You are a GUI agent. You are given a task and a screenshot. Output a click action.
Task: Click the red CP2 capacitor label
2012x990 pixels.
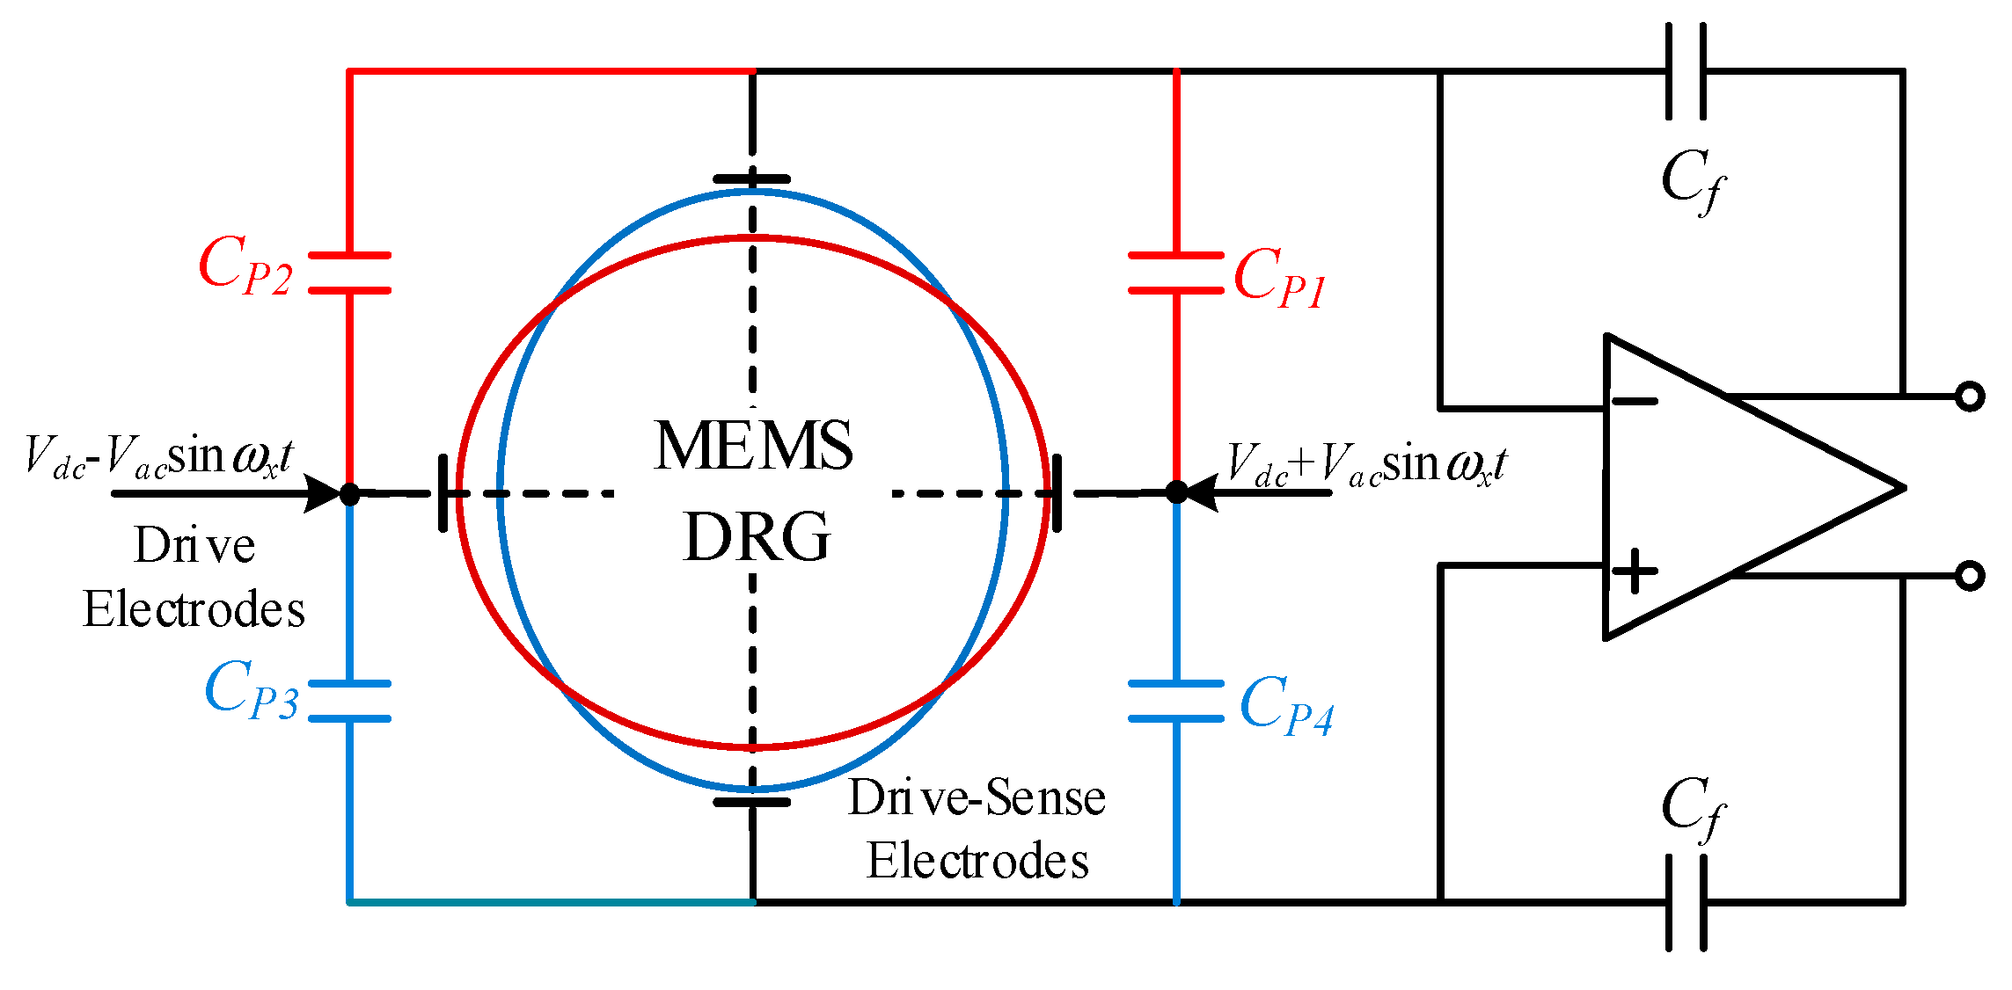[245, 266]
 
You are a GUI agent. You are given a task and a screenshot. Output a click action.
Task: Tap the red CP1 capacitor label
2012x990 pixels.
[1278, 278]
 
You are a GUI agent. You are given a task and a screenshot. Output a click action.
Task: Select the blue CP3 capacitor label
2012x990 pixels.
[252, 691]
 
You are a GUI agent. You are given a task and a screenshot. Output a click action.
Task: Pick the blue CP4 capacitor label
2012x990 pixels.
[1285, 705]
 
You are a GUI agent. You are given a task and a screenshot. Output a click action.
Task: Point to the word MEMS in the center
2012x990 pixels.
[753, 445]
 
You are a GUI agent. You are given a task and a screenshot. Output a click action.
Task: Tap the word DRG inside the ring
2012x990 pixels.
[757, 537]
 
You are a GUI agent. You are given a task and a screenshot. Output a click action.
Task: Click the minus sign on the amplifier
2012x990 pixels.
[1635, 402]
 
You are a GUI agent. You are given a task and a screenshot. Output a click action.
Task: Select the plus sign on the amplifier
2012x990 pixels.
[1635, 571]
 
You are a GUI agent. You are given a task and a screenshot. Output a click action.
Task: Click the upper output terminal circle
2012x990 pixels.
[1970, 397]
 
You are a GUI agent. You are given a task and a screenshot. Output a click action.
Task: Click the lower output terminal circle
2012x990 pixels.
[1970, 576]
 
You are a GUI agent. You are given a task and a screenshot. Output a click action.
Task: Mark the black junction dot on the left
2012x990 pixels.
[350, 493]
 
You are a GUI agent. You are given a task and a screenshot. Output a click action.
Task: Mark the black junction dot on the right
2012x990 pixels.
[1177, 492]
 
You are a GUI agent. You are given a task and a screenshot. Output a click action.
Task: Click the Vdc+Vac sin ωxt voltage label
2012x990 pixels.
[1366, 465]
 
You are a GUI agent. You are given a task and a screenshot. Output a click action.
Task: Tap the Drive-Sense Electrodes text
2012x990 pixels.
[977, 828]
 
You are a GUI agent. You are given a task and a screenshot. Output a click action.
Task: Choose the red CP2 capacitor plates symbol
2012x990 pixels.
[350, 273]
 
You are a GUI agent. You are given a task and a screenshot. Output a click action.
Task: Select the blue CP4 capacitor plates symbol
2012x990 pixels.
[1177, 701]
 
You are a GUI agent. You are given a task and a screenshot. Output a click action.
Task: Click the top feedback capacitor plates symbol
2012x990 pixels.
[1686, 71]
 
